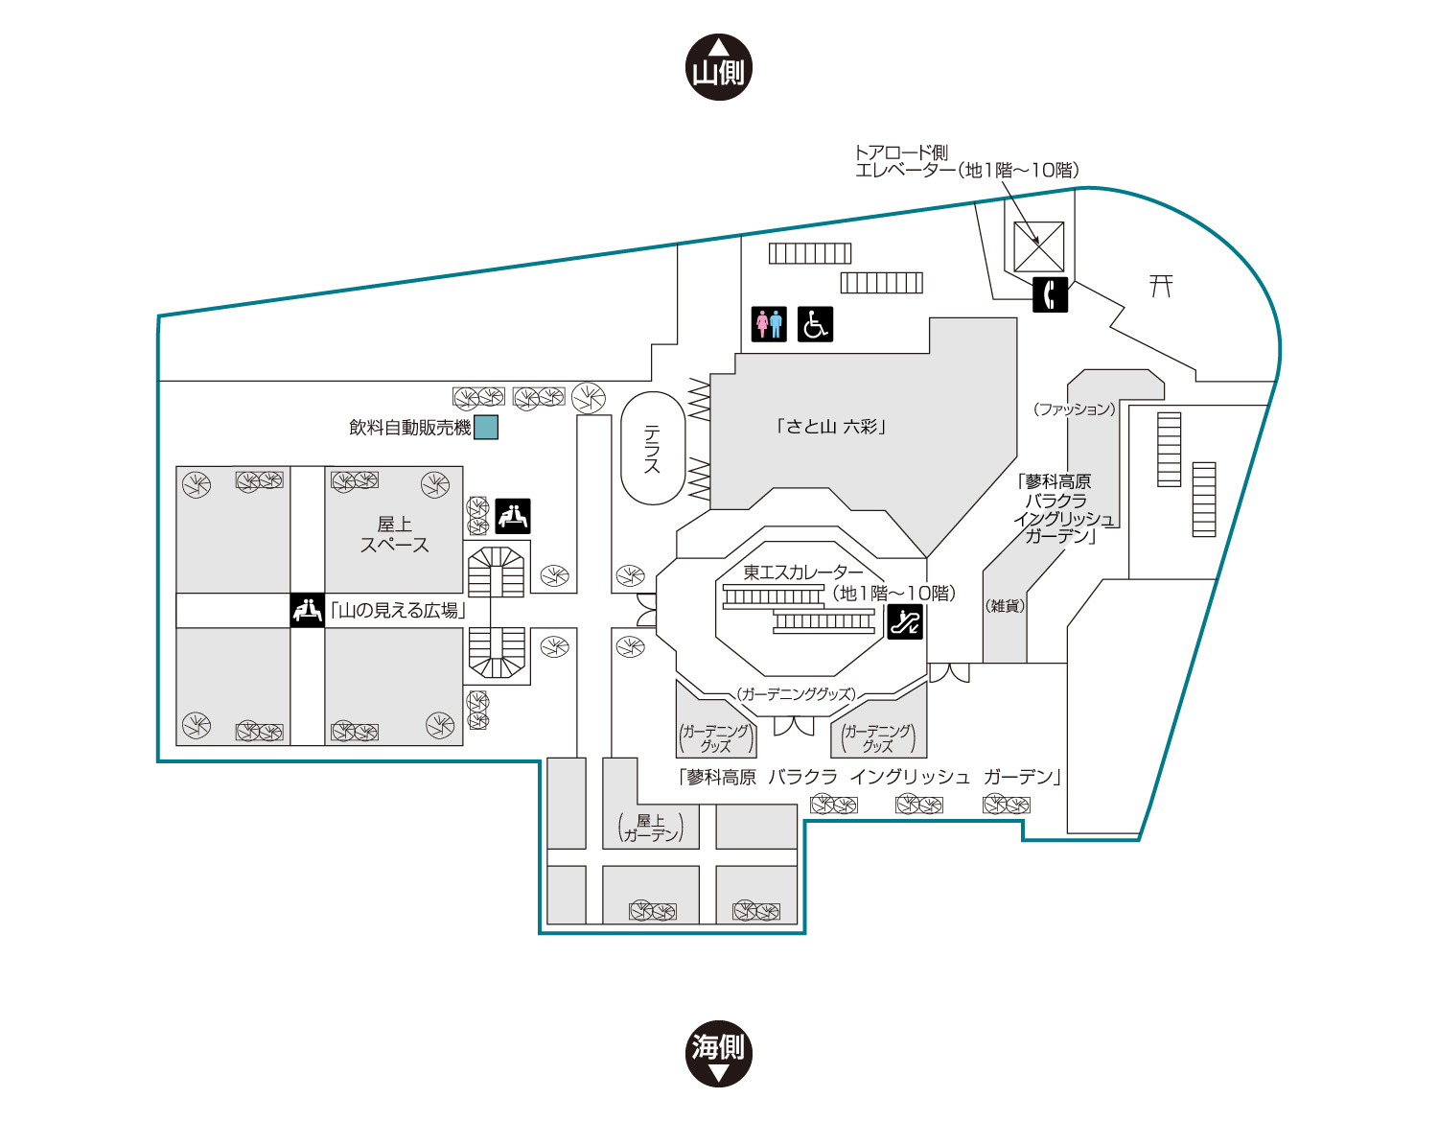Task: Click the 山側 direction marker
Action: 719,67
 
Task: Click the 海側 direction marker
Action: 719,1053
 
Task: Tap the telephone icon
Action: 1050,294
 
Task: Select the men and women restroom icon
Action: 769,324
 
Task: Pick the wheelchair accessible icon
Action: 815,324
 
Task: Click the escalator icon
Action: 905,622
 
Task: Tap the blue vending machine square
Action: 486,428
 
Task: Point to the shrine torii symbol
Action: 1161,286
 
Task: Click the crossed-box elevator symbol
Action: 1039,246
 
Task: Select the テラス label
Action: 653,450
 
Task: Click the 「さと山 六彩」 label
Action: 831,427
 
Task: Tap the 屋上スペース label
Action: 394,535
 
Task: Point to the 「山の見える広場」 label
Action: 398,610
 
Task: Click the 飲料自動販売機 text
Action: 409,428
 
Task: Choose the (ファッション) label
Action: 1075,409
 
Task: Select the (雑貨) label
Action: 1005,605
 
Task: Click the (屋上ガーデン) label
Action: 651,828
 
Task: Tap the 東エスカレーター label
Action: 802,572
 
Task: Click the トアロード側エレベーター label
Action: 966,161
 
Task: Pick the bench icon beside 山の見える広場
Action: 307,610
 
